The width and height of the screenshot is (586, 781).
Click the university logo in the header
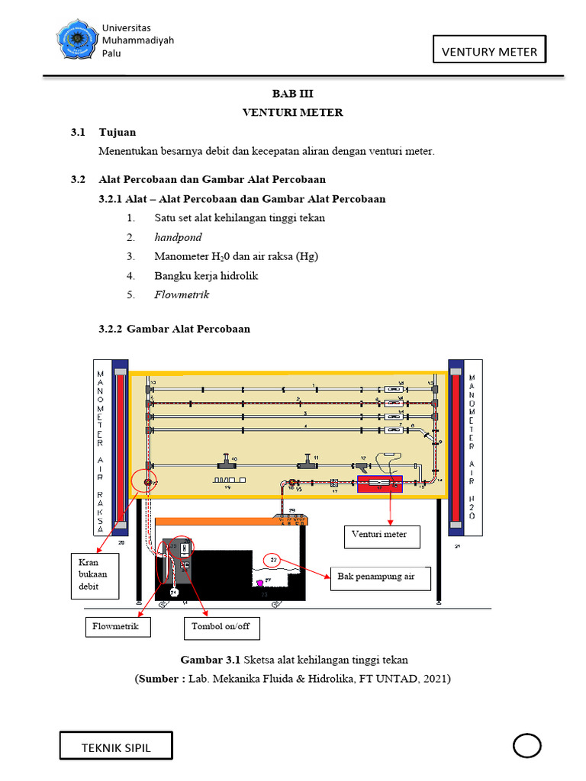point(76,41)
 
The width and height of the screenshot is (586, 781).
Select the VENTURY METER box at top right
point(489,52)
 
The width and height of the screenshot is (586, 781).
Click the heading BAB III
point(293,93)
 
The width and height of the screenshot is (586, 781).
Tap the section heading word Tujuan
point(118,132)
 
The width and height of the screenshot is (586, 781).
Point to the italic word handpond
point(178,237)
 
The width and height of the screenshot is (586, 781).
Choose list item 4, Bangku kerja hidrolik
point(206,275)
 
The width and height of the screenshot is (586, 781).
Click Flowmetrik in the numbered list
point(182,294)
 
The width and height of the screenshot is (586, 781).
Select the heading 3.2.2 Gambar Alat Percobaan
point(174,329)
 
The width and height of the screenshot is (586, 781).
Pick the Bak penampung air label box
point(380,577)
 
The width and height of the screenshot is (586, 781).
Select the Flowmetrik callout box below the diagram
point(117,627)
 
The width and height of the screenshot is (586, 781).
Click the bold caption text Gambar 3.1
point(210,659)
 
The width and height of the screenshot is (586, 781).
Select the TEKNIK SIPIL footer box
point(117,747)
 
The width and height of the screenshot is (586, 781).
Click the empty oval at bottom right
point(526,745)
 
